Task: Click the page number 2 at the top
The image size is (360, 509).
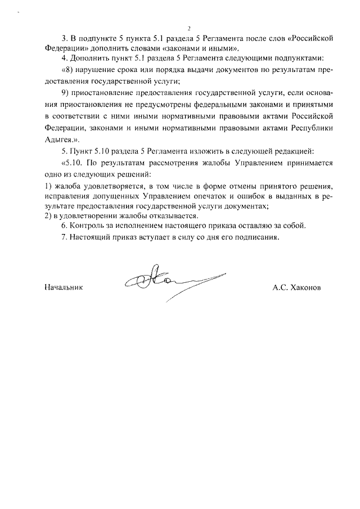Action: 190,28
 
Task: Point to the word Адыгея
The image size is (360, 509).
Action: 59,138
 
